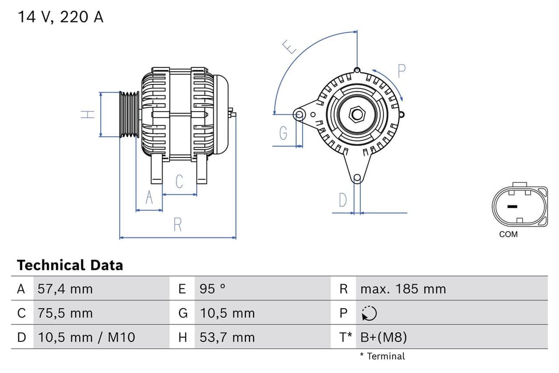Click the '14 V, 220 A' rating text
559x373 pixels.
[x=61, y=17]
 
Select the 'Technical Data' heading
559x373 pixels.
[x=70, y=265]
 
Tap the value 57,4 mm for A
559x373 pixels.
[x=65, y=289]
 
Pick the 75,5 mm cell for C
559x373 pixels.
[x=65, y=313]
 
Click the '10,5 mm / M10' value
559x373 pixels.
[x=86, y=337]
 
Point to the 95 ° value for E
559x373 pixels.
[x=213, y=289]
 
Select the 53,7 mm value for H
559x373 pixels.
[x=227, y=337]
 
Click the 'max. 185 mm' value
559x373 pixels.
[x=403, y=289]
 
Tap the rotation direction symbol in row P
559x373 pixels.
[x=369, y=313]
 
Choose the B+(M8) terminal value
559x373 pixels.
[x=384, y=337]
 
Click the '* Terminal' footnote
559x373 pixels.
[x=383, y=356]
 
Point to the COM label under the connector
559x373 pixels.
[x=508, y=234]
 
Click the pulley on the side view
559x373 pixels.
[x=129, y=114]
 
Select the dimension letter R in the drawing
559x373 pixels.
[x=178, y=225]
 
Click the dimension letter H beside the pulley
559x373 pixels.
[x=89, y=114]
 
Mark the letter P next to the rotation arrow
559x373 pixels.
[x=401, y=71]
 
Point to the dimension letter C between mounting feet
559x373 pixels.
[x=179, y=182]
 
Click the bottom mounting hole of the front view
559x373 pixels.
[x=357, y=178]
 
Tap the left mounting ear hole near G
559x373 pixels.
[x=299, y=113]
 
